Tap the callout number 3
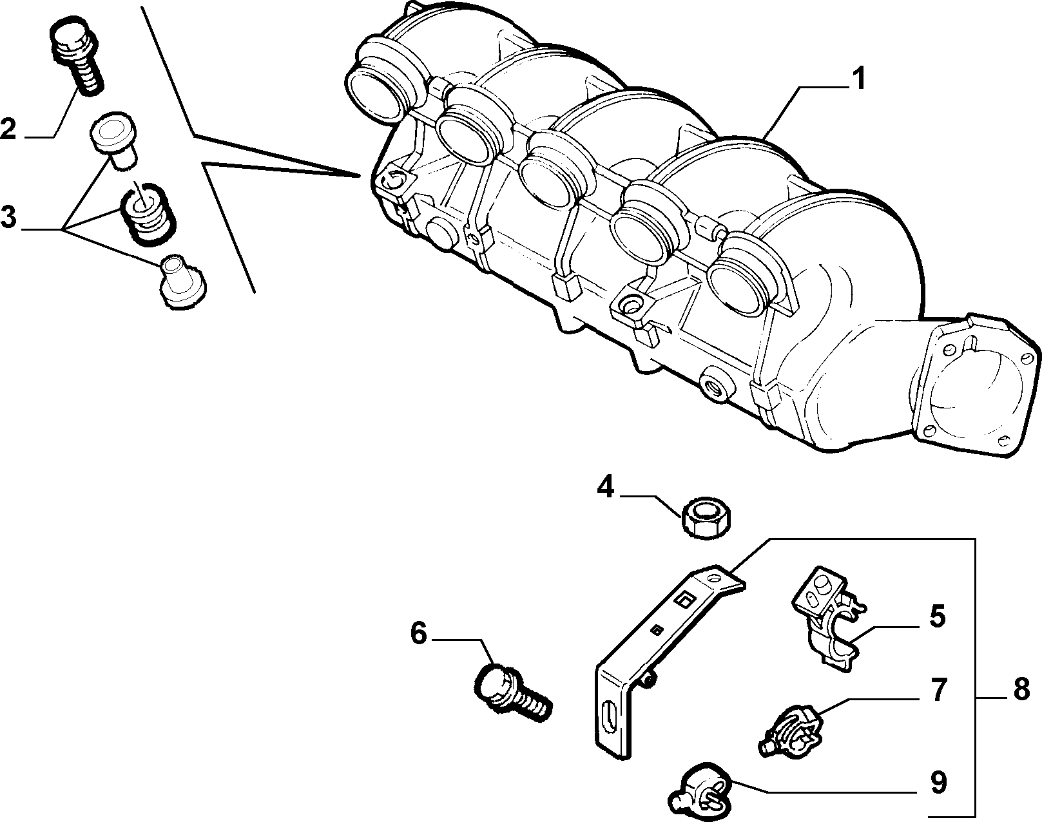click(8, 217)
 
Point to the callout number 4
click(606, 487)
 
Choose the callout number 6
click(419, 633)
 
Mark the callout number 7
click(938, 691)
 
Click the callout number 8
click(1021, 689)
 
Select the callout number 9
click(938, 782)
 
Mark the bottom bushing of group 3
click(183, 282)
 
